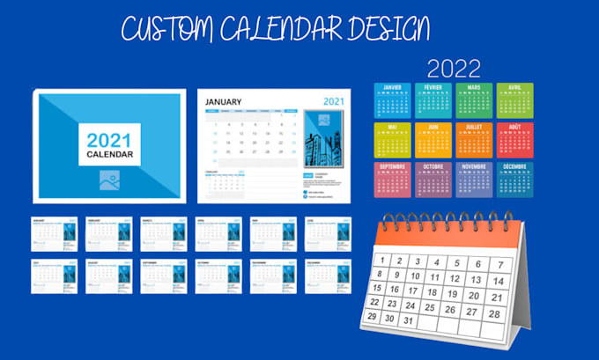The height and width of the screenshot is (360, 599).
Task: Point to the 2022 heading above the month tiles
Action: (x=453, y=69)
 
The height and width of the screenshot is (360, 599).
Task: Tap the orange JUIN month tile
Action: (x=433, y=139)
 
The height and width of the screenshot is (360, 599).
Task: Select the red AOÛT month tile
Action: (x=514, y=139)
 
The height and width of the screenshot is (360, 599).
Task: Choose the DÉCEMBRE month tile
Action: (x=514, y=179)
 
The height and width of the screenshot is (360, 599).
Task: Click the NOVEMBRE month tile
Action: (x=474, y=179)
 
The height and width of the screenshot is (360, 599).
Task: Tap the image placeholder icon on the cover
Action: (x=110, y=180)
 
